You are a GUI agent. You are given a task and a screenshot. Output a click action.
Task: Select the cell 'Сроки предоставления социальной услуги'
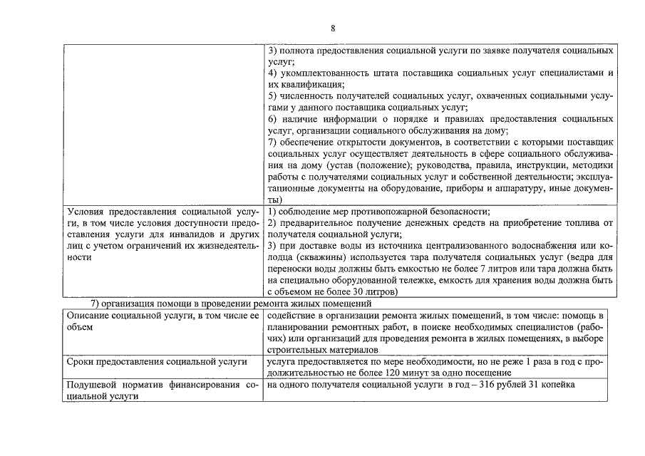pos(156,361)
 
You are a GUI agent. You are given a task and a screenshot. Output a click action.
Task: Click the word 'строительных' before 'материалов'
pos(298,350)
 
